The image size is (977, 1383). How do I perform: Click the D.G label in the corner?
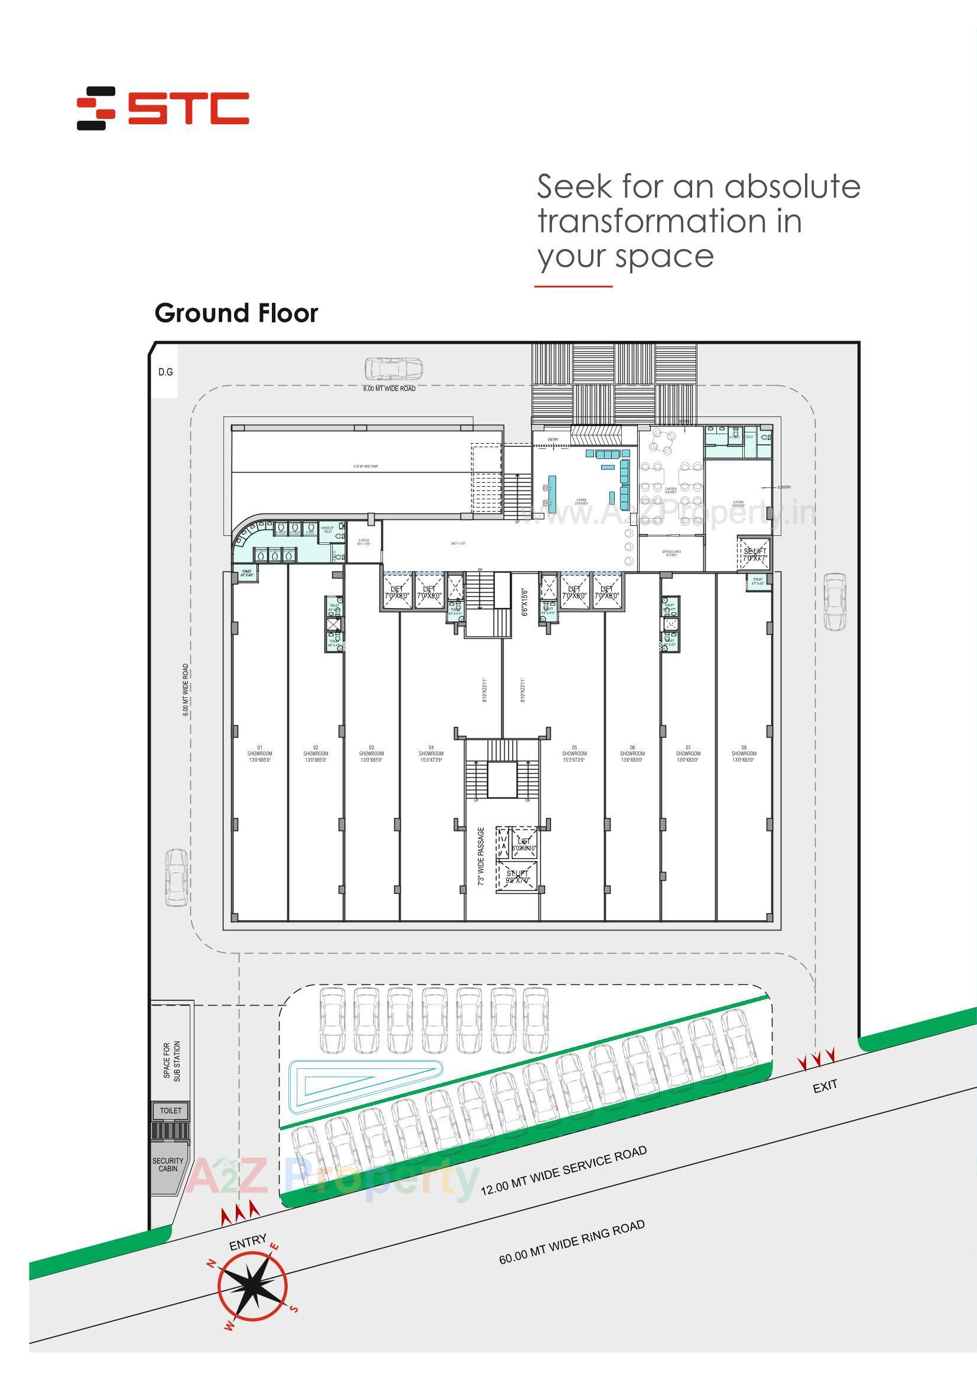click(165, 372)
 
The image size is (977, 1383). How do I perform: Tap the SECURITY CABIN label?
click(168, 1164)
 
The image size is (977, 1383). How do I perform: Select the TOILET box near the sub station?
click(170, 1110)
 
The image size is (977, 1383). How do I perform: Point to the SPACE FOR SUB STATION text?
click(171, 1061)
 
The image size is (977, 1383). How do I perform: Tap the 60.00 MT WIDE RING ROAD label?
click(572, 1242)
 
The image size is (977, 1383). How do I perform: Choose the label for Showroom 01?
click(259, 754)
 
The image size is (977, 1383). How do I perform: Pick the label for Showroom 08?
click(744, 754)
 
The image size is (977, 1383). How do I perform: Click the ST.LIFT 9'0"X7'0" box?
click(517, 877)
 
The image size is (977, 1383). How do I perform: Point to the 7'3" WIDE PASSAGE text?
click(481, 856)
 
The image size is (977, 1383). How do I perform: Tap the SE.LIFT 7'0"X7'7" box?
click(754, 554)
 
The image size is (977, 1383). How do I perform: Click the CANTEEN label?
click(670, 490)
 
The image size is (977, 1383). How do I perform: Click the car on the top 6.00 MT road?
click(393, 367)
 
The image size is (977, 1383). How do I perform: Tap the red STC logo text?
click(189, 108)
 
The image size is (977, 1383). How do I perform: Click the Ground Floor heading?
click(236, 314)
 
